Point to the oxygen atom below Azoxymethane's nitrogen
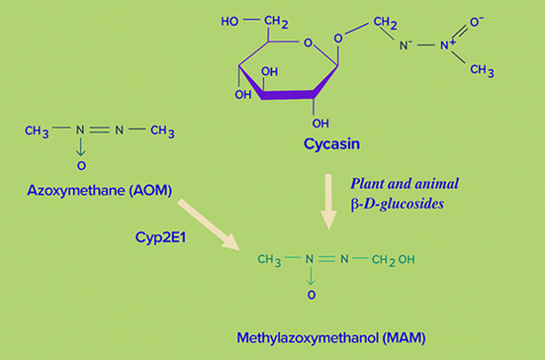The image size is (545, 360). click(81, 165)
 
